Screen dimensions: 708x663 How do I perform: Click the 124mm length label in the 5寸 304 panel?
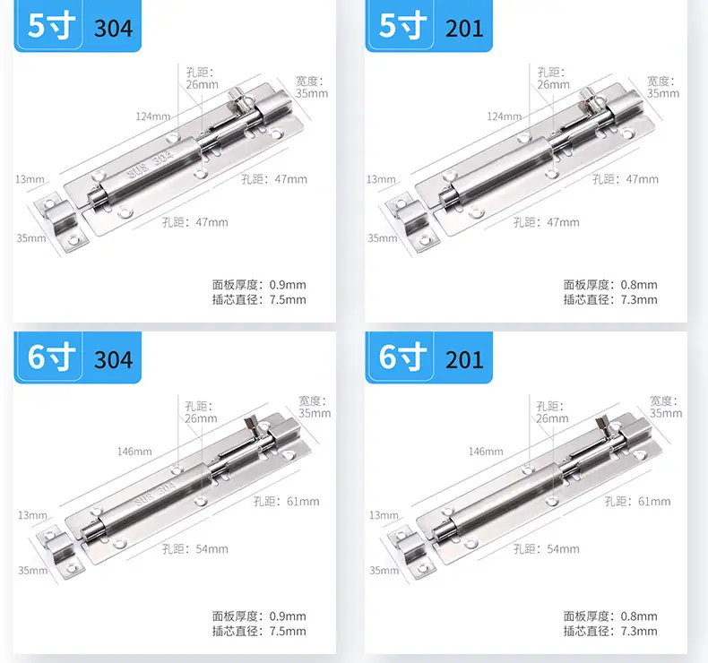tap(153, 116)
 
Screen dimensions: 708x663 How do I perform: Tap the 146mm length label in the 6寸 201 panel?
tap(486, 452)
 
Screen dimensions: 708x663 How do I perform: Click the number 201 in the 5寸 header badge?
tap(464, 28)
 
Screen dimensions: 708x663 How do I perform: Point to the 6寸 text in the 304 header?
tap(51, 357)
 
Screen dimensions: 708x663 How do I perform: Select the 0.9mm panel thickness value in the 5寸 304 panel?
tap(288, 285)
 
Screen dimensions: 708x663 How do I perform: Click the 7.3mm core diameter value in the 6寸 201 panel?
tap(639, 631)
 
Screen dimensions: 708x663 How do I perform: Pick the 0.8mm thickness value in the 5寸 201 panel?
tap(639, 285)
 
